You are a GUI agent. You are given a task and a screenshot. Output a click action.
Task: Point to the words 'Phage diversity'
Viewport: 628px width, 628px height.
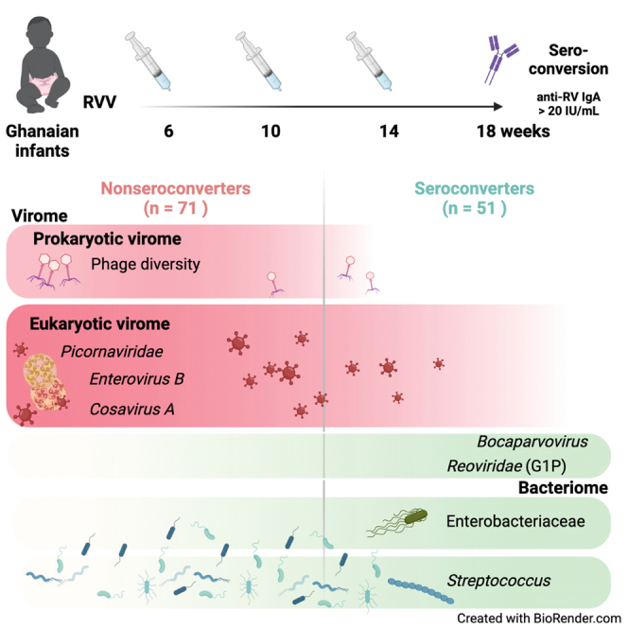[146, 264]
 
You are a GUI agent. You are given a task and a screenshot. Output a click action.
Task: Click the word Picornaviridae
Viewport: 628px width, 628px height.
[112, 351]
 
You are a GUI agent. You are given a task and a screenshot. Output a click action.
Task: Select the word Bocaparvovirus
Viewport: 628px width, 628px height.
[532, 442]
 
